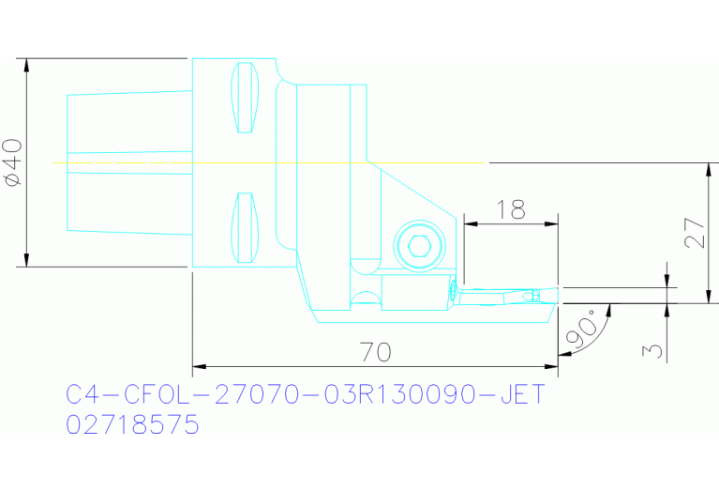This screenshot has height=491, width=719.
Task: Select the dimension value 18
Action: (x=511, y=209)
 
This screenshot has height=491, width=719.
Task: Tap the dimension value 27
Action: (x=694, y=234)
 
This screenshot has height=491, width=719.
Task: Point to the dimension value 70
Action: (x=375, y=352)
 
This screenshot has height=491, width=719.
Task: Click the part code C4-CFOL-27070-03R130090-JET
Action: (x=305, y=394)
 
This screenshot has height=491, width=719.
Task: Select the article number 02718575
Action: (x=132, y=425)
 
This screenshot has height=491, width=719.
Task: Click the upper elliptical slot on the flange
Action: (x=245, y=98)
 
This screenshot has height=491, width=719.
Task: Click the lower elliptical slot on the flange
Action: (x=245, y=227)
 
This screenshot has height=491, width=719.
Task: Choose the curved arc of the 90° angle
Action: (x=595, y=333)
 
